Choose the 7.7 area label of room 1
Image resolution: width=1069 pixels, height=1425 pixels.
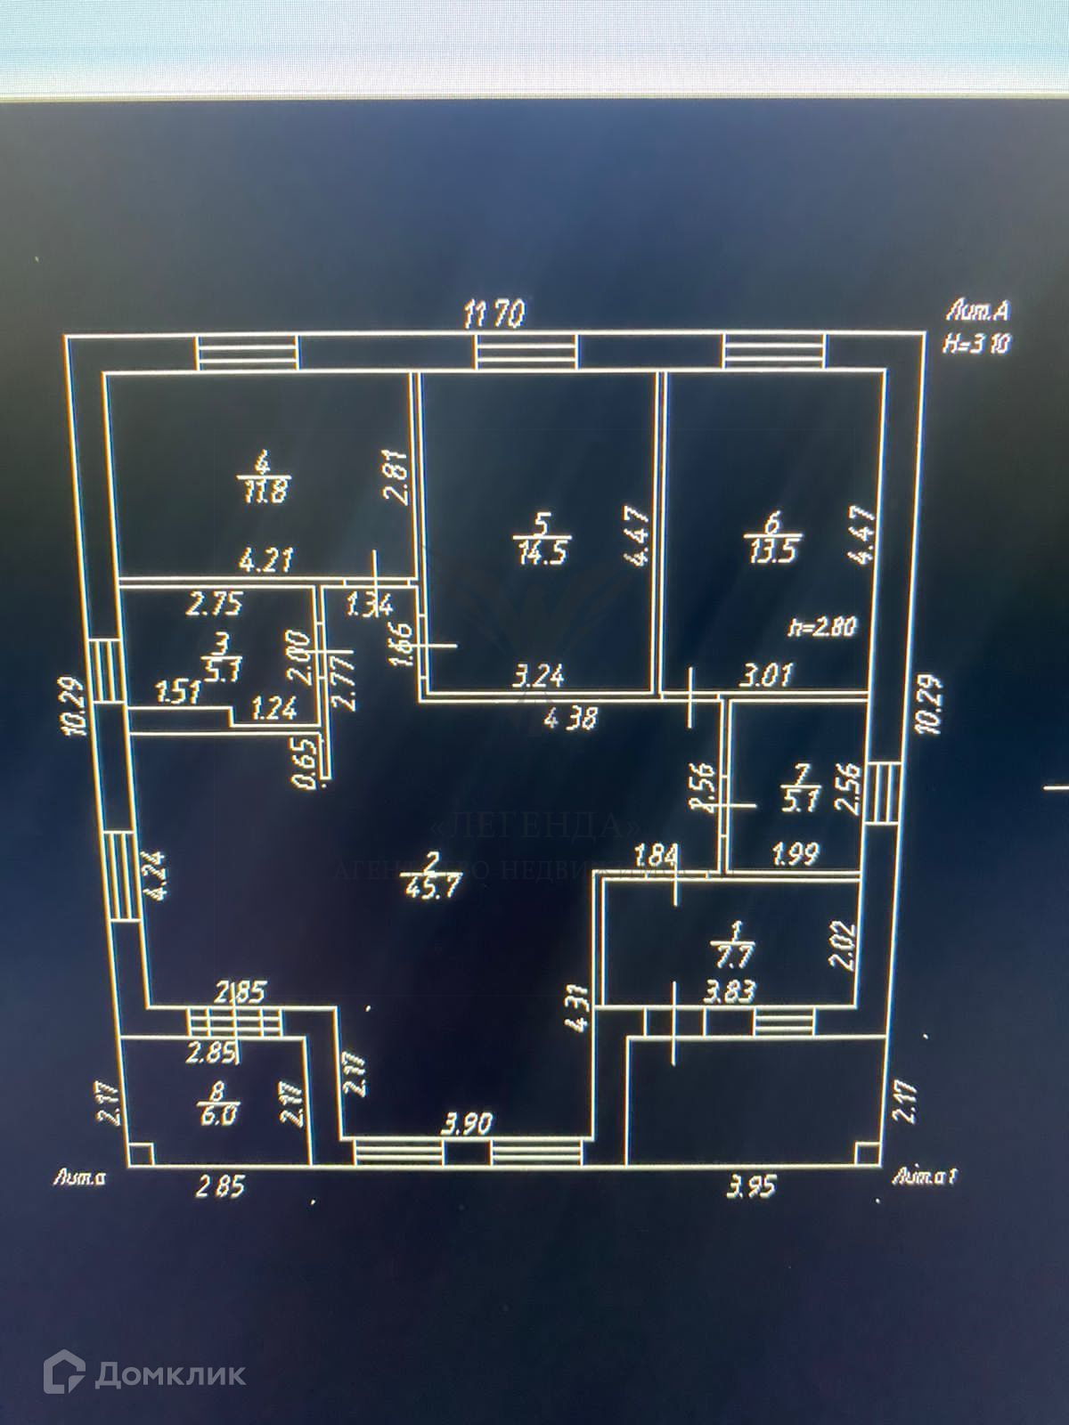[736, 957]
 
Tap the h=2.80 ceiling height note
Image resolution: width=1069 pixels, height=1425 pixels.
[821, 626]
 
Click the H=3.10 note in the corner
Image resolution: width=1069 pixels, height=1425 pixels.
[977, 344]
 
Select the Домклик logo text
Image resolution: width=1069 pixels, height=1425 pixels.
[169, 1374]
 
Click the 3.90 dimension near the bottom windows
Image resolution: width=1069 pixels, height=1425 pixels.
[466, 1125]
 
